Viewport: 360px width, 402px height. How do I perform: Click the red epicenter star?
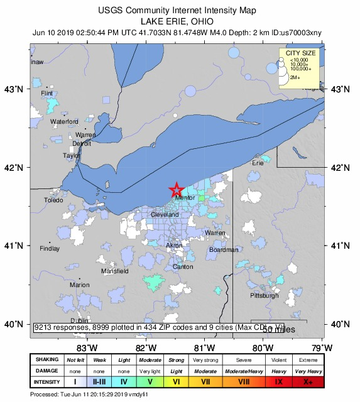click(x=177, y=189)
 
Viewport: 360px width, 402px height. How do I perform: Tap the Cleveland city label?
click(x=165, y=215)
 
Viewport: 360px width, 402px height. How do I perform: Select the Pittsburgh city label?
click(x=264, y=295)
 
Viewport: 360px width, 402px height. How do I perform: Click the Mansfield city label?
click(x=115, y=271)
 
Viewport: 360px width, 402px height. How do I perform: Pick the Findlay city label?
click(x=50, y=249)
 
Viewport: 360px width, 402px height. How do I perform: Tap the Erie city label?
click(x=258, y=163)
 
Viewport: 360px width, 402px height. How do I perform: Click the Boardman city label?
click(x=224, y=249)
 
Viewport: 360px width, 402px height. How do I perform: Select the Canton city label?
click(x=183, y=267)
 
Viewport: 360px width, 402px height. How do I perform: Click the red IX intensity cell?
click(x=278, y=381)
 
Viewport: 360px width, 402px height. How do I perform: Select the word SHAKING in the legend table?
click(x=46, y=360)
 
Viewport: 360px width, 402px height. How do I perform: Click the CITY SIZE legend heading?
click(x=300, y=53)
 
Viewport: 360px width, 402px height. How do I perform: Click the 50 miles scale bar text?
click(x=278, y=329)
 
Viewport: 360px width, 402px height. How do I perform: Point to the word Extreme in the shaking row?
click(x=307, y=360)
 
